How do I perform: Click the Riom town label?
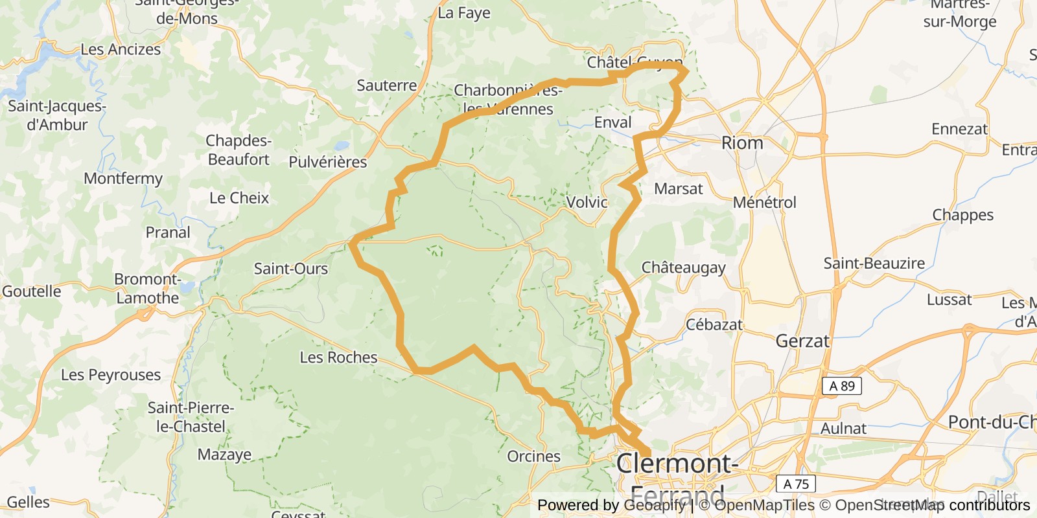tap(742, 143)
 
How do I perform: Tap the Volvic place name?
tap(587, 202)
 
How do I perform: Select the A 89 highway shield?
tap(842, 387)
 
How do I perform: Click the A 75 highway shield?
tap(795, 484)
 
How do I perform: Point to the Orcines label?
tap(533, 456)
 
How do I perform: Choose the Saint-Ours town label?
tap(290, 269)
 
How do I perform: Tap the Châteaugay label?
tap(683, 267)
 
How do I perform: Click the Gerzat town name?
tap(802, 341)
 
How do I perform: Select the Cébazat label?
tap(714, 324)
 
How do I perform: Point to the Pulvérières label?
tap(327, 162)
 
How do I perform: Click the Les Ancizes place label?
tap(121, 49)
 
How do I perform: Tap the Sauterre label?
tap(386, 85)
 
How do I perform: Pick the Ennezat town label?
tap(959, 129)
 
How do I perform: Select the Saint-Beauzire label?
tap(874, 264)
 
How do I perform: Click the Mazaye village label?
tap(224, 455)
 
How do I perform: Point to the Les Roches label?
tap(338, 357)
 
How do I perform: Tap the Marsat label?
tap(678, 189)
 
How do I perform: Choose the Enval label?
tap(612, 122)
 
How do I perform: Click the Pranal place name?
tap(168, 232)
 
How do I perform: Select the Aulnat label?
tap(843, 429)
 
